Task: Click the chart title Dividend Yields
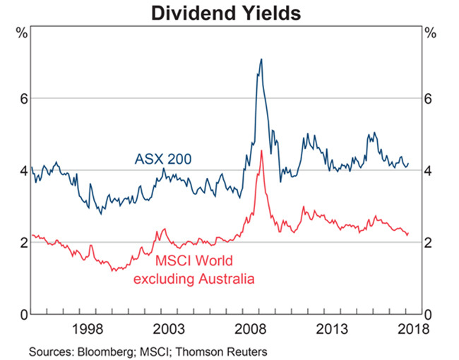point(229,13)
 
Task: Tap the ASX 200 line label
point(162,159)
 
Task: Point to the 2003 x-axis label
point(171,328)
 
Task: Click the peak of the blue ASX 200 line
point(261,59)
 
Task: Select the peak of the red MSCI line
point(261,150)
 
